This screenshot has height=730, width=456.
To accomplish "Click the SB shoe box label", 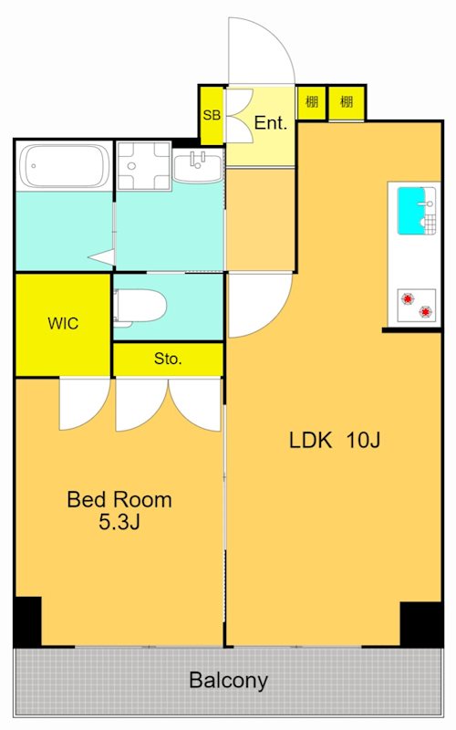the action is point(212,115).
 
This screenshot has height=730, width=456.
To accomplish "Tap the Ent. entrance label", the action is point(270,123).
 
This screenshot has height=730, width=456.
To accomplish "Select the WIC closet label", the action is point(63,323).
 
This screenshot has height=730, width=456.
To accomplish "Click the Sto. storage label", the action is point(168,359).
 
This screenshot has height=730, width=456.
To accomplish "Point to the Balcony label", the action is point(229,681).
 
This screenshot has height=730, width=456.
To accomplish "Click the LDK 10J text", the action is point(335,440).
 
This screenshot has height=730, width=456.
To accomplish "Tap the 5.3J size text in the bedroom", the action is point(119,522).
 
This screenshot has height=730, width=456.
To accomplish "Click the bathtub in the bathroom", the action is point(65,166).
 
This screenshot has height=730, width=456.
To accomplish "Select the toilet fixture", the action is point(140,306).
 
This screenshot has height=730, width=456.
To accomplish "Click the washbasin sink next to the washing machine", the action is point(198,166).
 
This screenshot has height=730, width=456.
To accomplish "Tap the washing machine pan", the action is point(143,166).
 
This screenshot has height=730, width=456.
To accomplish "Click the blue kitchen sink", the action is point(411,211).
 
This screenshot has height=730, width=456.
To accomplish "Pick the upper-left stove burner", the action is point(408,298).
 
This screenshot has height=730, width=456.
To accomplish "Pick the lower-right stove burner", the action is point(425,312).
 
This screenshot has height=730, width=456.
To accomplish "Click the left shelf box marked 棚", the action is point(311,102).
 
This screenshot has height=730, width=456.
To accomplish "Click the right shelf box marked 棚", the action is point(347,102).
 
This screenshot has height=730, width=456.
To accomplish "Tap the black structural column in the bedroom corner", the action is point(27,621).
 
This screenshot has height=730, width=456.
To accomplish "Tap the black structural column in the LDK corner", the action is point(420,624).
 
